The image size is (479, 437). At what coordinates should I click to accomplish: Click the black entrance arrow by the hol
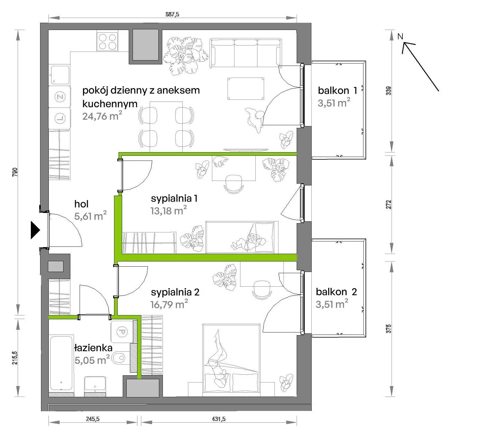pos(35,230)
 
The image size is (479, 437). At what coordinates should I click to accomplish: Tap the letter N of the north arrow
pos(400,37)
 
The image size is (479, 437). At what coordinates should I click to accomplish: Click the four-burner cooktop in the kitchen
pos(107,41)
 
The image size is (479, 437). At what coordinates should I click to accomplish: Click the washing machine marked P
pos(122,332)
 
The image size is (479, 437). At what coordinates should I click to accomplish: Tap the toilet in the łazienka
pos(119,358)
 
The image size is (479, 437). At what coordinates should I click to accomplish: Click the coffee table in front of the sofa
pos(246,89)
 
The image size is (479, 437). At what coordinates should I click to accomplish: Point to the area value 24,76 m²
pos(102,116)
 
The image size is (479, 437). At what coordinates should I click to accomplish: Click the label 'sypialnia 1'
pos(174,198)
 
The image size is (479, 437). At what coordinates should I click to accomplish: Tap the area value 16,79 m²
pos(169,304)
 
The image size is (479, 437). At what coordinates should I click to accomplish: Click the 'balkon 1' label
pos(338,90)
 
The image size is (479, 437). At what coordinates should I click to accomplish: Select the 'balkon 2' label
pos(336,292)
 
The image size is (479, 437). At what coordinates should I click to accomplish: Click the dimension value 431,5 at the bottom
pos(219,419)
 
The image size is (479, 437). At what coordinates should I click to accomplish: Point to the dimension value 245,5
pos(93,419)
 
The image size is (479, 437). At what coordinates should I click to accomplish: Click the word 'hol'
pos(81,204)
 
